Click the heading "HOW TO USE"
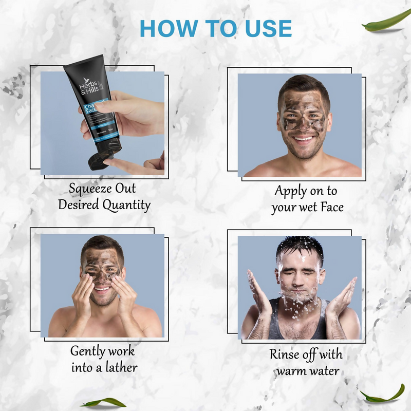pos(216,28)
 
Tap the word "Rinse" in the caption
pos(286,354)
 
